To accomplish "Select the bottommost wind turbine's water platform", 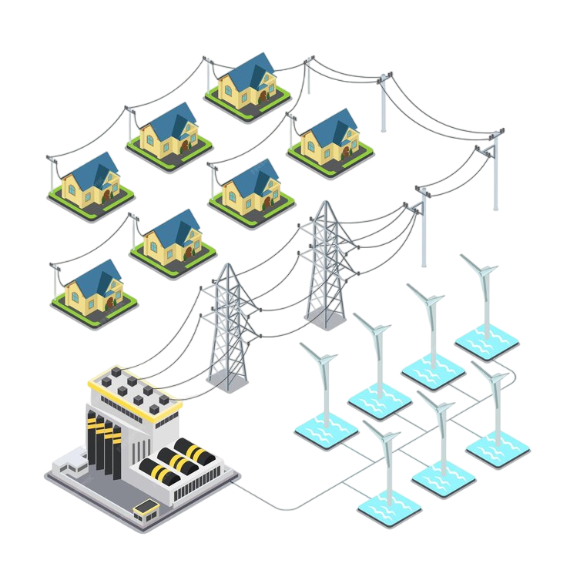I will coord(389,508).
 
